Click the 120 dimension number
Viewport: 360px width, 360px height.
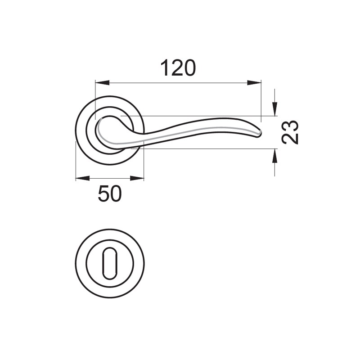click(178, 68)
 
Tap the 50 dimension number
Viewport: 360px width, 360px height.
click(109, 194)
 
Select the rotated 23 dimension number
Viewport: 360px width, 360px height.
click(290, 132)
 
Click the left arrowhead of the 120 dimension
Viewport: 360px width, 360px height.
click(102, 83)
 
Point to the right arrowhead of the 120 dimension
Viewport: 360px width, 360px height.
click(254, 83)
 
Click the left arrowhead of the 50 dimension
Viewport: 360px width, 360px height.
click(83, 178)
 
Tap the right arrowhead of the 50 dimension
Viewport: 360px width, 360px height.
click(137, 178)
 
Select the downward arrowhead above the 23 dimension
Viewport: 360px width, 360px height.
click(274, 109)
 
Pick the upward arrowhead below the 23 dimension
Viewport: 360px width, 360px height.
click(274, 156)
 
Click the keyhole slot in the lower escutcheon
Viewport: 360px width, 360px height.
click(110, 263)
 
